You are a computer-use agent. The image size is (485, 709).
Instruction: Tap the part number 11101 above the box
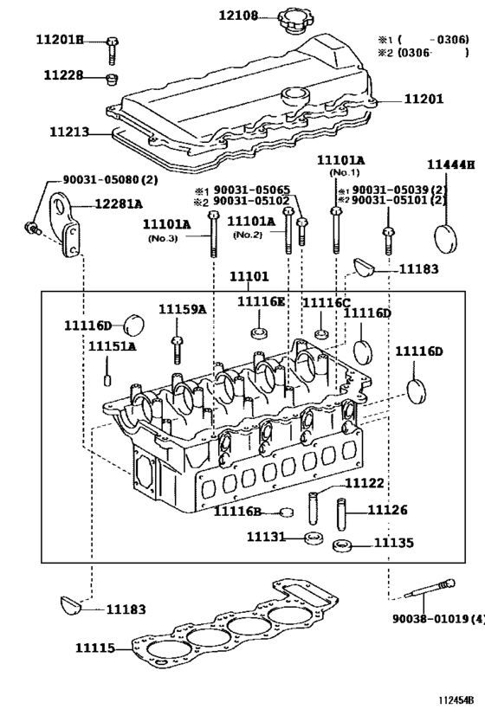click(249, 278)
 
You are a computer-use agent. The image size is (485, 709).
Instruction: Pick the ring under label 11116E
click(258, 334)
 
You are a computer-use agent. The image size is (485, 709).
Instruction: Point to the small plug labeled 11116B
click(286, 512)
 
